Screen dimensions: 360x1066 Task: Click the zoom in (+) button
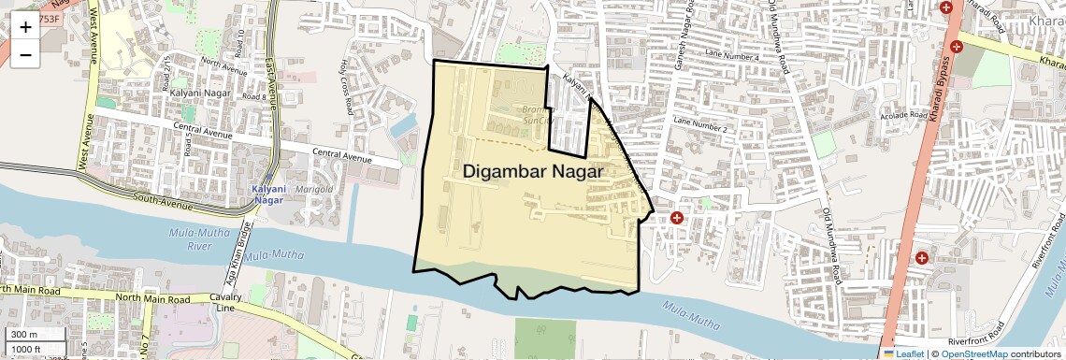click(x=25, y=26)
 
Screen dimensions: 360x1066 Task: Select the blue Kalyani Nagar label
click(x=268, y=194)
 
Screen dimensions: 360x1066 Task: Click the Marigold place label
click(x=315, y=189)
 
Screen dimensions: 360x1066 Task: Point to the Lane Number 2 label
click(x=699, y=125)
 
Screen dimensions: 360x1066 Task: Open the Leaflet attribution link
click(x=905, y=353)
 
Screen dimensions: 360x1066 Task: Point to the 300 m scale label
click(x=24, y=335)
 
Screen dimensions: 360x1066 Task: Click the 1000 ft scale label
click(x=26, y=349)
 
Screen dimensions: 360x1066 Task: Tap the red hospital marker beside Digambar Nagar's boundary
click(x=676, y=218)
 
